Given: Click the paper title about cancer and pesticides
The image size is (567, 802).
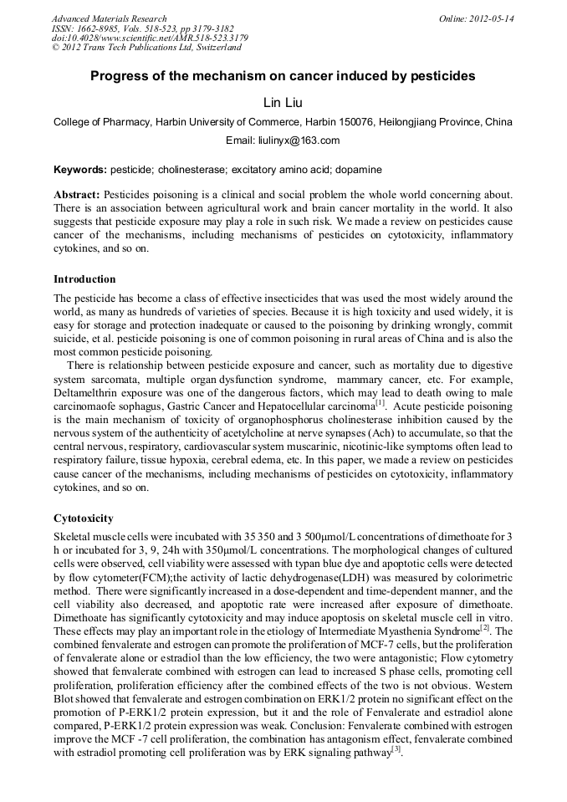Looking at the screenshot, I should pos(283,76).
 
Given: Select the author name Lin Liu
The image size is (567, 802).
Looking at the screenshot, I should pos(283,102).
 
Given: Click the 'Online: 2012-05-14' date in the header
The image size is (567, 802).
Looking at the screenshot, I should pos(477,18).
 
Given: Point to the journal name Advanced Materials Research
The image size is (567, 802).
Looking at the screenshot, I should pos(109,18).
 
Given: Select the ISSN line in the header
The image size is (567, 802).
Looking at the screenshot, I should pos(142,28).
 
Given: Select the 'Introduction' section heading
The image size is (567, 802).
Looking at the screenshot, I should pos(84,279).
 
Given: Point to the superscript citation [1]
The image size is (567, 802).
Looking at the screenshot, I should pos(381,401).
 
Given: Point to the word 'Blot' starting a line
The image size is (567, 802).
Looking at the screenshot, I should pos(66,693).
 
